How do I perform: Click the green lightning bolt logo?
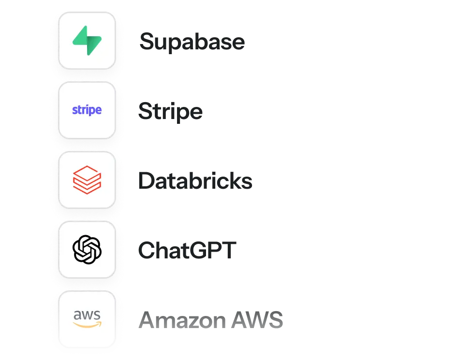87,41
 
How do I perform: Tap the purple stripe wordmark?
87,110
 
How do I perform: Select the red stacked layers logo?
87,180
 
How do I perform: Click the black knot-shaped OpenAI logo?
87,250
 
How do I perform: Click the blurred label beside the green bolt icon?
193,42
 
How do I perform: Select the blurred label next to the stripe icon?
171,112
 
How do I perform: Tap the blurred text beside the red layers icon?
196,181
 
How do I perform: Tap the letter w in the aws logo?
87,316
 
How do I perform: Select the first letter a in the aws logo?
77,316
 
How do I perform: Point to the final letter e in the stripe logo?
99,110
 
